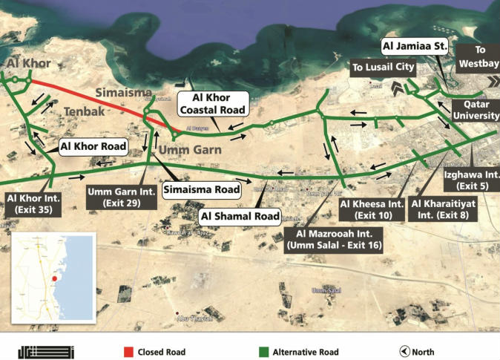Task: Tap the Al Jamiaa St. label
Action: [x=415, y=47]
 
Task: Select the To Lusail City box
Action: [x=378, y=68]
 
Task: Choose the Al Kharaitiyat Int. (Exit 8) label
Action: [x=439, y=208]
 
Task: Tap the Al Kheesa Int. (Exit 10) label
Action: [x=372, y=208]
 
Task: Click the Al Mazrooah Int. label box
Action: [x=334, y=240]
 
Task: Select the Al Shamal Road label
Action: [x=240, y=217]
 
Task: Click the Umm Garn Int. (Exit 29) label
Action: [x=120, y=197]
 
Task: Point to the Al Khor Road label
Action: [x=94, y=146]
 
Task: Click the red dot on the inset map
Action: [x=54, y=279]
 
